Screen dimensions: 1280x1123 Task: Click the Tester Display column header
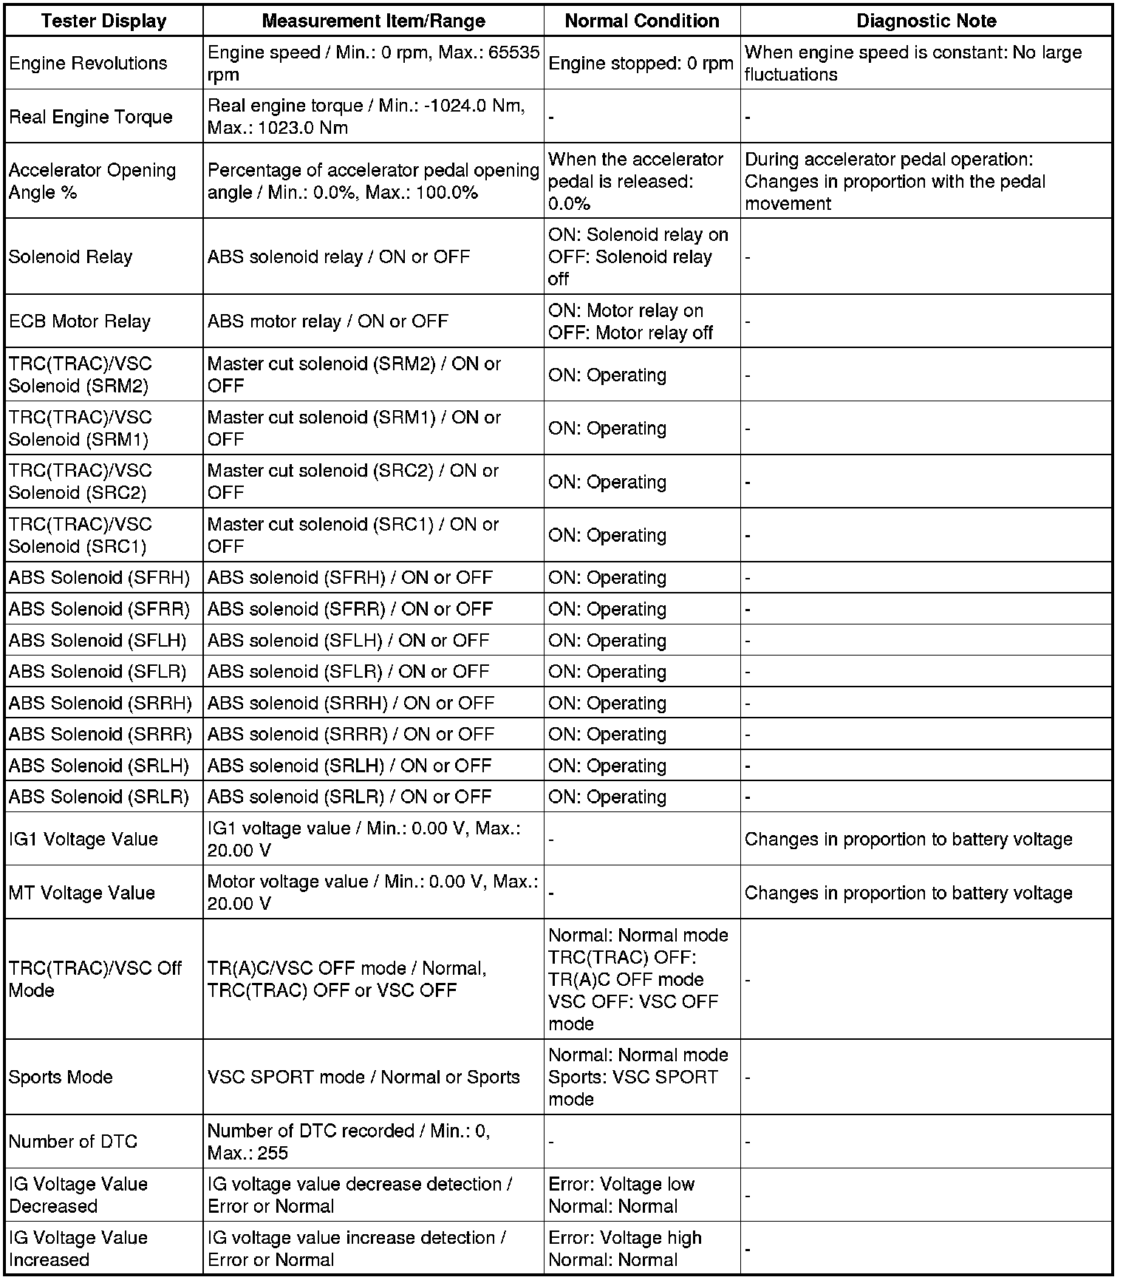[103, 21]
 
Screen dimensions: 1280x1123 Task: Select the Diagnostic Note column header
[926, 21]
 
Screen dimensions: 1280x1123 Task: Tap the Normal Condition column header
[641, 21]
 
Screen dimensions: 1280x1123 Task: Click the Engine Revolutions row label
[88, 64]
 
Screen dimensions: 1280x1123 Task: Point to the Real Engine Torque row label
[90, 117]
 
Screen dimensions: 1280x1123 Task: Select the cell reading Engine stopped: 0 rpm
[641, 64]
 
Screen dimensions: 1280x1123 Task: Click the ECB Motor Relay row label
[79, 321]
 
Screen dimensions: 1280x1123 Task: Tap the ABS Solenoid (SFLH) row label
[98, 640]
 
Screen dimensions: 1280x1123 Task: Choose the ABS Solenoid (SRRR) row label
[100, 734]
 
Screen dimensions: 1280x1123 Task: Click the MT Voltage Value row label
[81, 893]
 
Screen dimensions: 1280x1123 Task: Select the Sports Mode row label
[61, 1077]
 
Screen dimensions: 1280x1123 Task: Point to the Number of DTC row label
[72, 1141]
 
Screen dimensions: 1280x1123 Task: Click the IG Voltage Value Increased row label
[78, 1248]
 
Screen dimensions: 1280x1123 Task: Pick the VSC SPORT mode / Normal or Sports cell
[363, 1077]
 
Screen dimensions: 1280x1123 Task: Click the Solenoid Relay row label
[70, 256]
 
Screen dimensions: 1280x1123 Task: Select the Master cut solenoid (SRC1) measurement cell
[353, 535]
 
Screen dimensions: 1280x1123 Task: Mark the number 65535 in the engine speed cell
[513, 52]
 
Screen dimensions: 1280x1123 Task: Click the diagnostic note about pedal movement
[894, 181]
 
